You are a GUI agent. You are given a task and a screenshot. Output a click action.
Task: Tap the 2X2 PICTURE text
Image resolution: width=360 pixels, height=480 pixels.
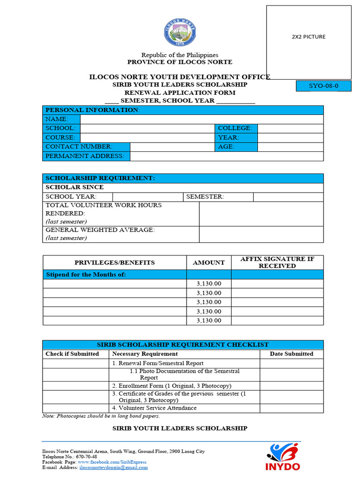coord(308,37)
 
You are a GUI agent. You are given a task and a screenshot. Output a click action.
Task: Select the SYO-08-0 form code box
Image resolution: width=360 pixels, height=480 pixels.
coord(323,86)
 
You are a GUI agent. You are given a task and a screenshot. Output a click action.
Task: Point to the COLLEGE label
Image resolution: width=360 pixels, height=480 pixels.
coord(235,128)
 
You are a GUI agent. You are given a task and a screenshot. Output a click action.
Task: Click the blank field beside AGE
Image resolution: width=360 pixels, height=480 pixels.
coord(290,147)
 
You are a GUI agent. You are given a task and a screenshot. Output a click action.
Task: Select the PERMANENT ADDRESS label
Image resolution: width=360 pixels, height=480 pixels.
coord(85,156)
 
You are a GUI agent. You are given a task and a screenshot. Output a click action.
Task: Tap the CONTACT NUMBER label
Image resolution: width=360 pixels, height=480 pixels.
coord(79,147)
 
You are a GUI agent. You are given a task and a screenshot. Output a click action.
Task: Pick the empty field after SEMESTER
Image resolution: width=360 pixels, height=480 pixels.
coord(288,197)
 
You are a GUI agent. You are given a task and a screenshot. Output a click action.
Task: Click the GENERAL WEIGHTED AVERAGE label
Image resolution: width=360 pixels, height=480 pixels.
coord(100,230)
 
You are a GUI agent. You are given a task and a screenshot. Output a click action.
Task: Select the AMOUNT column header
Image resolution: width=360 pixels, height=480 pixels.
coord(209,262)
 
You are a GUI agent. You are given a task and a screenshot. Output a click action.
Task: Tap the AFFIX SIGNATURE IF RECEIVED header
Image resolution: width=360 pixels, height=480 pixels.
coord(277,262)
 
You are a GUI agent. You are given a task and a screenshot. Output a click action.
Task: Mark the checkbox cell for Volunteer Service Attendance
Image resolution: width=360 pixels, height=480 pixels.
coord(75,408)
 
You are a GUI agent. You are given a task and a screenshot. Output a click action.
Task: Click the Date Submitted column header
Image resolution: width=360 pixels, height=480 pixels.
coord(291,354)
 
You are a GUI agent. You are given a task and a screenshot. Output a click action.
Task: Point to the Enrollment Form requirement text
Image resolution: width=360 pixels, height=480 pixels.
coord(172,386)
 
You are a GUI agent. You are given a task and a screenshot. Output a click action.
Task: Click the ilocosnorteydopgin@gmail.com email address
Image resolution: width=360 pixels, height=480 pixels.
coord(113,467)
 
